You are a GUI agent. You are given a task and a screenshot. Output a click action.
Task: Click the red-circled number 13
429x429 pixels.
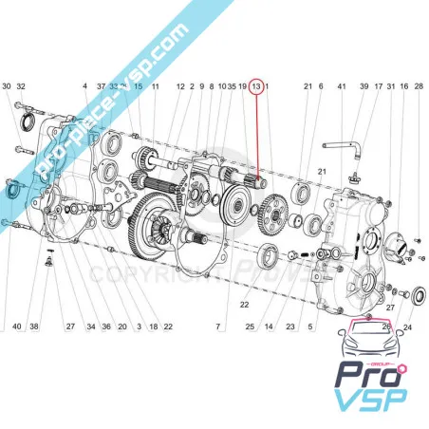[256, 86]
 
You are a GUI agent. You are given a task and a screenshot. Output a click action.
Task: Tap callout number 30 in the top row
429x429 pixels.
[7, 86]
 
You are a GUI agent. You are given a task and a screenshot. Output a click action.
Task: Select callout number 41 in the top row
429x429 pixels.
[342, 86]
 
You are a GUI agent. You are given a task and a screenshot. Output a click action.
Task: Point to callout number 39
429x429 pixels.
[364, 86]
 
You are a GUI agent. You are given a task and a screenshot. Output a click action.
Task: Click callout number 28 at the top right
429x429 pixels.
[420, 86]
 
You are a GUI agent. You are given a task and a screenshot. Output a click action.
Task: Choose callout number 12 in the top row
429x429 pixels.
[179, 86]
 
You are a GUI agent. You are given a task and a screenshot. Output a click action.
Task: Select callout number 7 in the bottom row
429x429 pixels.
[217, 326]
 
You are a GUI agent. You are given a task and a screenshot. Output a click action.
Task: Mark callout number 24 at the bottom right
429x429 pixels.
[408, 326]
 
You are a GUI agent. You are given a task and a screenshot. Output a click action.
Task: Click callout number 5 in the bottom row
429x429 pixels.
[309, 326]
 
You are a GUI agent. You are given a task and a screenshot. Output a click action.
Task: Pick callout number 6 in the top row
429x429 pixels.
[321, 86]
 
